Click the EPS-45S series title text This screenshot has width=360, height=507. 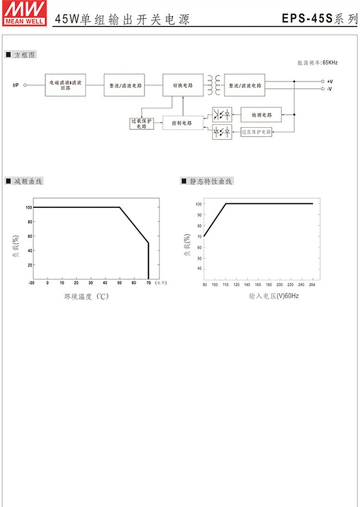(x=319, y=19)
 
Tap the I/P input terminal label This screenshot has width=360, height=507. (x=15, y=85)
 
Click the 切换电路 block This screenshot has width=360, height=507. (x=182, y=85)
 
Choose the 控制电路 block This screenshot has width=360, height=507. (x=182, y=123)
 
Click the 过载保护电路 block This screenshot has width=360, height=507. (x=142, y=123)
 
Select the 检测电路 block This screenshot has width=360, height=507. (x=261, y=115)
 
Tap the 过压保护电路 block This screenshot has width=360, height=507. (x=256, y=131)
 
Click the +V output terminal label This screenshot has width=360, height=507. (x=330, y=82)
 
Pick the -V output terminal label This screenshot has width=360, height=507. (x=330, y=89)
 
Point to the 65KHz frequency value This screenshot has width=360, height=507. (x=330, y=62)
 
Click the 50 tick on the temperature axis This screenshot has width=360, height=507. (x=120, y=283)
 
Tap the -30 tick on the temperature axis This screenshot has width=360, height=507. (x=32, y=283)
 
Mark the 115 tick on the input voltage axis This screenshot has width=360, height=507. (x=226, y=285)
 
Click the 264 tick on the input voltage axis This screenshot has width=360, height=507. (x=313, y=285)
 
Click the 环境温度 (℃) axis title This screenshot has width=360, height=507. (x=87, y=296)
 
